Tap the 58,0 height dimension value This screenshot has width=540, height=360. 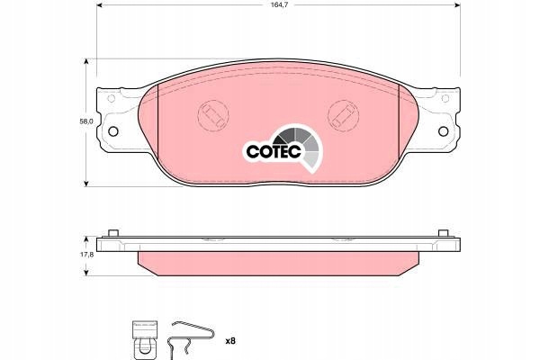86,121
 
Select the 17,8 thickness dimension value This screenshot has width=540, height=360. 86,255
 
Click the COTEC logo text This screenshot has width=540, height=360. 274,151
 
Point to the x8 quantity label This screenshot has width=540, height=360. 230,341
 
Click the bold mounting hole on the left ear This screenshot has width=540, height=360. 113,131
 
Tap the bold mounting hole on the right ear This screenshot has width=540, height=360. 443,131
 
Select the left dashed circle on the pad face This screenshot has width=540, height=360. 213,116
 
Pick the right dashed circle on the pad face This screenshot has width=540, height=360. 344,116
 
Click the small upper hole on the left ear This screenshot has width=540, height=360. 111,98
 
